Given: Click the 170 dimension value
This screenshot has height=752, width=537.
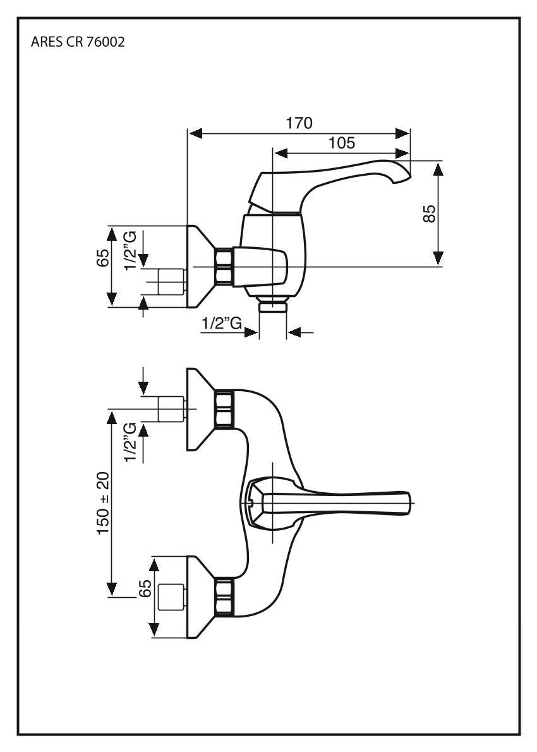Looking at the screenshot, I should point(299,123).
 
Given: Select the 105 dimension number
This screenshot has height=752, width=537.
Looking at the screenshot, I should point(342,143).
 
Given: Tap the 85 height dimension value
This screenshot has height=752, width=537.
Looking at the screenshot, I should point(430,213).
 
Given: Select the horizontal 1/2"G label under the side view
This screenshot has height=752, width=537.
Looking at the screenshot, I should point(222,324).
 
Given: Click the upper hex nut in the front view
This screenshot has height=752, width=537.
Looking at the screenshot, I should point(224,408).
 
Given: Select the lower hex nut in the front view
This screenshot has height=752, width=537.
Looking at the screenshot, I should point(224,597).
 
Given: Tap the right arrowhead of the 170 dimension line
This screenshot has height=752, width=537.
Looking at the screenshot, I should point(404,133).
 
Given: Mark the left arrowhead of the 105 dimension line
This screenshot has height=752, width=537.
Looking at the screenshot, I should point(279,154).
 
